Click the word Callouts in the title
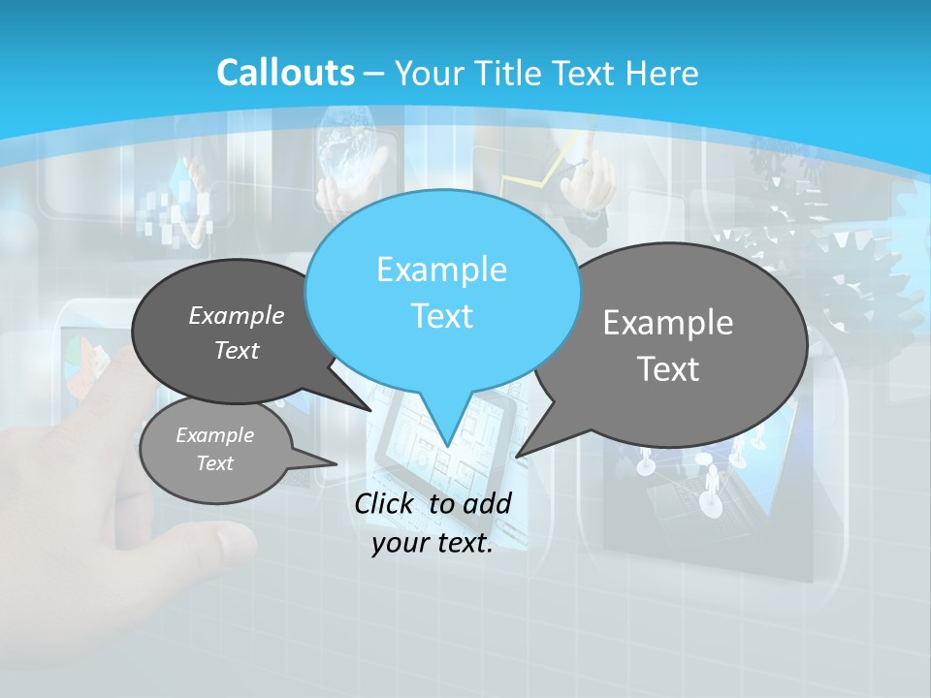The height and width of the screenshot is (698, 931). point(285,73)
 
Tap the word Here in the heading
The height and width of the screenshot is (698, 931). point(663,73)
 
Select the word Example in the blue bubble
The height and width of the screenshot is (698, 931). point(441,270)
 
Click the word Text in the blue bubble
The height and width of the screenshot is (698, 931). point(441,316)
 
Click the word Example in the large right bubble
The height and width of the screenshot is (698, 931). point(668,323)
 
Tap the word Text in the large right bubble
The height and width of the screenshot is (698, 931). point(669,369)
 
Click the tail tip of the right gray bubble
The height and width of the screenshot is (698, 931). point(517,456)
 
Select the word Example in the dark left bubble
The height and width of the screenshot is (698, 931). point(236,315)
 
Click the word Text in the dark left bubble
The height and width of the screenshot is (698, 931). point(236,351)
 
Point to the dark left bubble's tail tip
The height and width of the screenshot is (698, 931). point(370,410)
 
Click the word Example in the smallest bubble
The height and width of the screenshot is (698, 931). point(214,435)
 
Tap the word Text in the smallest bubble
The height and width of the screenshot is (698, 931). point(214,463)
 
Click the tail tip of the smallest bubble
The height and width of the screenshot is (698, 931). point(337,464)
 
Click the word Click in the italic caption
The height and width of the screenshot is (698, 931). point(386,503)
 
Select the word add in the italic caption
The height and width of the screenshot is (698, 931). point(486,503)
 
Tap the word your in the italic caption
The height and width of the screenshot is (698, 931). point(400,544)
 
